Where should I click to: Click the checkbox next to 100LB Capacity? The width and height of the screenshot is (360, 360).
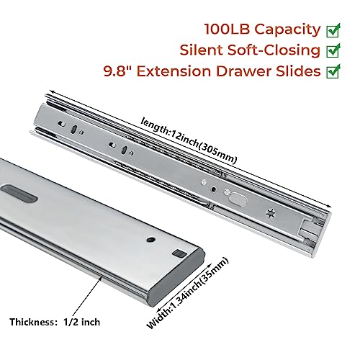334,30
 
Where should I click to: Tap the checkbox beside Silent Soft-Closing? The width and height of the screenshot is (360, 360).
334,51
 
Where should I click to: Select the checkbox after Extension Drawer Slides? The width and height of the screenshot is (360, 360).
334,72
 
